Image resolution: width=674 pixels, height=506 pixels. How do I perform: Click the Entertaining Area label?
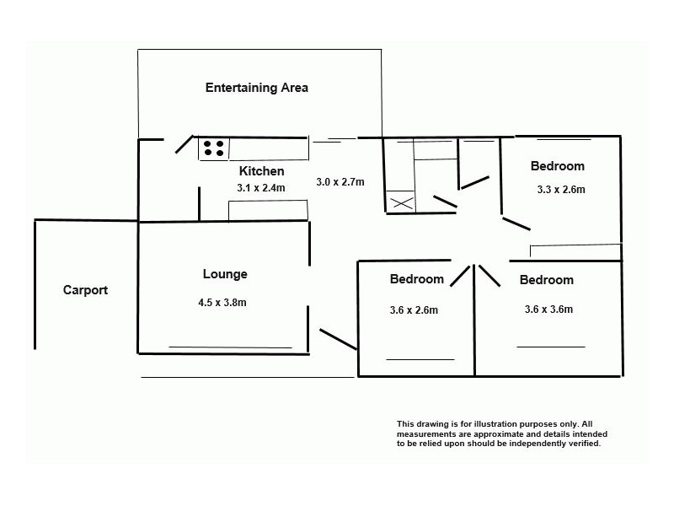coord(257,88)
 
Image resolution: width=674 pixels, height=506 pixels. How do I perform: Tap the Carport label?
coord(85,290)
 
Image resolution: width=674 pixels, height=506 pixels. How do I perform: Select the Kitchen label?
coord(261,171)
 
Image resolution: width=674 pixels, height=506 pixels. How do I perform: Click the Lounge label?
coord(225,274)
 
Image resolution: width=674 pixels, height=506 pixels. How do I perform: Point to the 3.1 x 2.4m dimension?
coord(261,188)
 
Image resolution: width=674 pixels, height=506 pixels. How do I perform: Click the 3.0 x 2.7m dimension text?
coord(340,182)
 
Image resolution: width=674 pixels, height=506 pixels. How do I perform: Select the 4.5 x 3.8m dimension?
coord(222,303)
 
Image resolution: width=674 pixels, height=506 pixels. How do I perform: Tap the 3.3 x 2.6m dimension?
coord(561,189)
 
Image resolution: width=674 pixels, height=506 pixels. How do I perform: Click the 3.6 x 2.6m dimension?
coord(414,310)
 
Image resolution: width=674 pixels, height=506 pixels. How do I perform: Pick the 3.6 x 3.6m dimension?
coord(548,309)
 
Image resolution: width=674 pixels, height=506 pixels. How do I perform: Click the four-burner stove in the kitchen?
coord(214,148)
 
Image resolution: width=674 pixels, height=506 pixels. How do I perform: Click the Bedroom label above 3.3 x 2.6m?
coord(558,166)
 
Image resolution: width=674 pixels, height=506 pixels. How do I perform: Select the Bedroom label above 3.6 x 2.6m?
coord(416,279)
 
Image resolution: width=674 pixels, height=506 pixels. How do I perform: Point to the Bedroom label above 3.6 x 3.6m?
coord(546,280)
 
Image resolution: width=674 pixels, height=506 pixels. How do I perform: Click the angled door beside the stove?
coord(184,144)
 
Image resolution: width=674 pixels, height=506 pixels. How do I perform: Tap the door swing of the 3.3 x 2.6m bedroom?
coord(516,223)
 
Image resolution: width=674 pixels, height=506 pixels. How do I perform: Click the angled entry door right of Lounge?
coord(339,340)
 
